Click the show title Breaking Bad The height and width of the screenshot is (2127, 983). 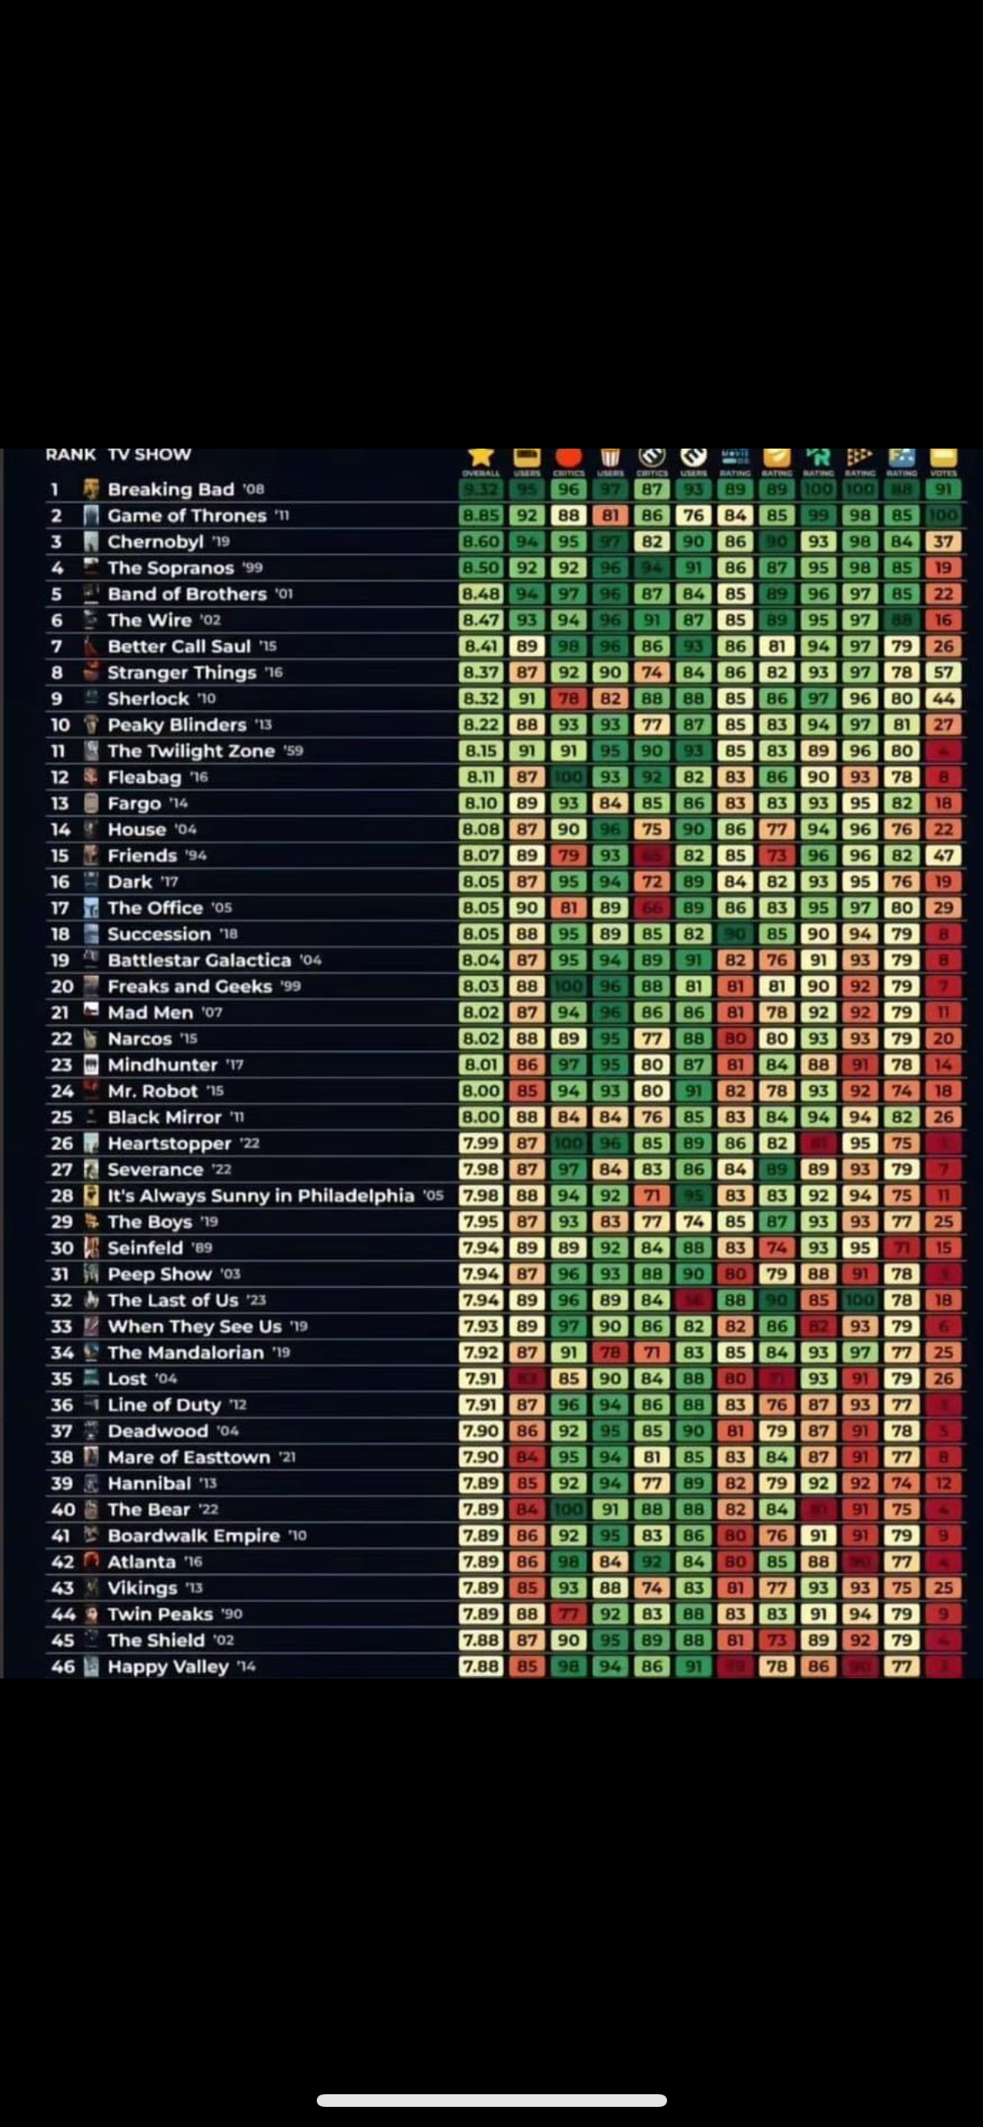coord(171,490)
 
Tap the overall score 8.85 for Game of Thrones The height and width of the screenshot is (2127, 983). coord(481,516)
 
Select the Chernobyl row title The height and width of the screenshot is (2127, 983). coord(156,542)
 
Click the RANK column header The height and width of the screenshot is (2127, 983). coord(71,454)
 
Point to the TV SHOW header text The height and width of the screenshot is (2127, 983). coord(150,454)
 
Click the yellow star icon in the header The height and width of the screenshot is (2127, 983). coord(481,455)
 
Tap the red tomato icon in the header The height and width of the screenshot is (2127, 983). coord(569,456)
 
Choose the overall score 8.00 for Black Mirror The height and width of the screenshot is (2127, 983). coord(481,1117)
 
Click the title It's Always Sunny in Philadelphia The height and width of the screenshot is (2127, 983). coord(260,1195)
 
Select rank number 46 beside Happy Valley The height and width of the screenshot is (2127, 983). coord(62,1667)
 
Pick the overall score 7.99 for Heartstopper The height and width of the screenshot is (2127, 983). coord(481,1143)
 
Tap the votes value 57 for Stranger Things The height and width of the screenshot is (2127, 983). coord(944,673)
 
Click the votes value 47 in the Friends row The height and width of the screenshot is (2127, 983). coord(944,856)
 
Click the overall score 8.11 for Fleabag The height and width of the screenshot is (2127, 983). coord(481,777)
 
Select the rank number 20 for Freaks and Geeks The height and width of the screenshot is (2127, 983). coord(62,986)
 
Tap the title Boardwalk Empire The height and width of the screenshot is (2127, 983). coord(193,1536)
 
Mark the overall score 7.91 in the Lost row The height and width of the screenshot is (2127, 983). coord(481,1379)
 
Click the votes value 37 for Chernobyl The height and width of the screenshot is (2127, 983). coord(944,542)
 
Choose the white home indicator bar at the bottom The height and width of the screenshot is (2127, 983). coord(491,2100)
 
